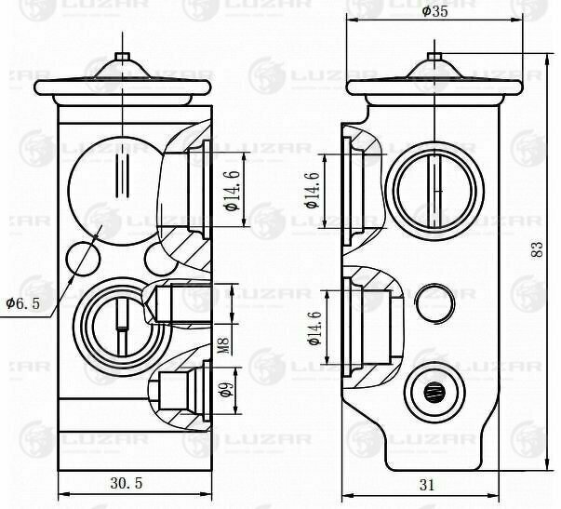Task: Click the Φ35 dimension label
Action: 434,11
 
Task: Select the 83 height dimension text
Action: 537,249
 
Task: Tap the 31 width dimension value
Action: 427,486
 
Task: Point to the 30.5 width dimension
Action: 126,483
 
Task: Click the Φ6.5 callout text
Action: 23,304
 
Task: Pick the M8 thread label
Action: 223,345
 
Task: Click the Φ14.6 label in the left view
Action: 233,191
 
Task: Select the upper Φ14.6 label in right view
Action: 312,190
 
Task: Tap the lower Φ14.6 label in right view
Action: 314,328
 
